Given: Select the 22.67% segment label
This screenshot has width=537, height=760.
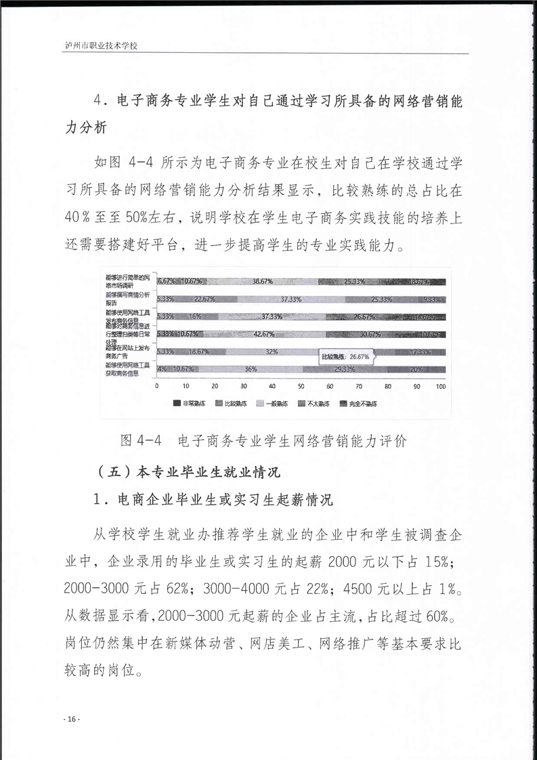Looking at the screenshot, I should [205, 299].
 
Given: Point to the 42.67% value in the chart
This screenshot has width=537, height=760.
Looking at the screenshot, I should [263, 334].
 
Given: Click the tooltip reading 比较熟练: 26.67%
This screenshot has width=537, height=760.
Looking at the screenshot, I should [345, 355].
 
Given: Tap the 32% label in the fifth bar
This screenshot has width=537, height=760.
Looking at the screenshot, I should [272, 352].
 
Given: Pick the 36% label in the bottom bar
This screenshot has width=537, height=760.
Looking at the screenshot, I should [251, 369].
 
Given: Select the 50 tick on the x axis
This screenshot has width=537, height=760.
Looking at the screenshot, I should [301, 386].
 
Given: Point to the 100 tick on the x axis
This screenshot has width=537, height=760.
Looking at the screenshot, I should [440, 386].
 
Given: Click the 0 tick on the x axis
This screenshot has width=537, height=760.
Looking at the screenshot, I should [157, 386].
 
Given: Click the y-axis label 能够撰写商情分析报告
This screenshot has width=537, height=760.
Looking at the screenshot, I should [129, 299].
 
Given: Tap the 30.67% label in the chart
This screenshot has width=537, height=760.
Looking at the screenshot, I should [370, 334].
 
